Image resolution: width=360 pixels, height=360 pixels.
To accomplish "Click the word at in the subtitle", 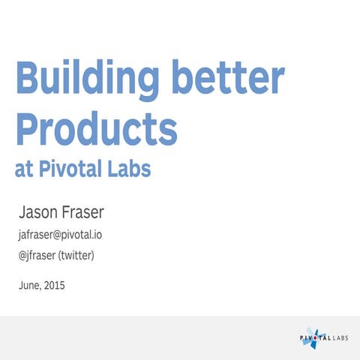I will [x=25, y=169].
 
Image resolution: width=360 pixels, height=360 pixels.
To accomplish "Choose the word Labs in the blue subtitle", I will [x=133, y=169].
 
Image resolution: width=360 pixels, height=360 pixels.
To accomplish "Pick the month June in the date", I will [x=29, y=285].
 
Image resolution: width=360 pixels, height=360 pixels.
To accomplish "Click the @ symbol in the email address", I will [x=58, y=235].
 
